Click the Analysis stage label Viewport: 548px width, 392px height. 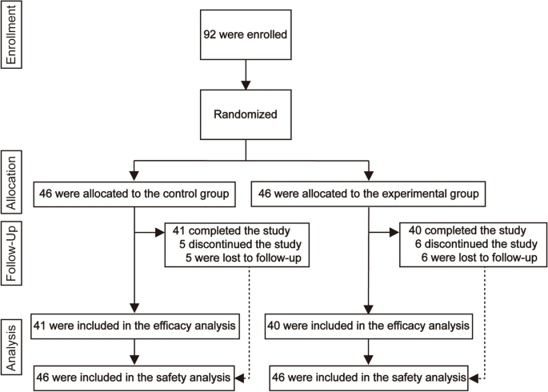point(10,346)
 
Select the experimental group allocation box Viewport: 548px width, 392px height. point(368,193)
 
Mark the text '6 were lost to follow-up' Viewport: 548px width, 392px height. point(474,258)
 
